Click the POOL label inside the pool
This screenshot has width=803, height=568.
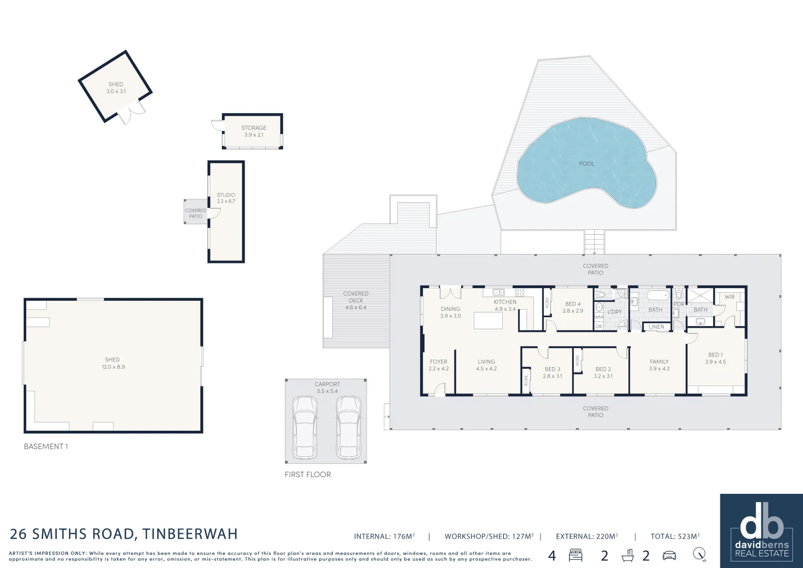tap(586, 164)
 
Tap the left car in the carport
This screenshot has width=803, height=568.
tap(305, 427)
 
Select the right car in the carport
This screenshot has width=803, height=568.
tap(348, 427)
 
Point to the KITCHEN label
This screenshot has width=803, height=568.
tap(505, 302)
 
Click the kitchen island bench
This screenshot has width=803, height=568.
tap(488, 320)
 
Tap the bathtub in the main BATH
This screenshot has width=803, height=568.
tap(656, 295)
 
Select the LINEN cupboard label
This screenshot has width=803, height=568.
tap(656, 327)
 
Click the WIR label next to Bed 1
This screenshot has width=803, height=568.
tap(729, 297)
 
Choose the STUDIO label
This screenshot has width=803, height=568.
tap(226, 195)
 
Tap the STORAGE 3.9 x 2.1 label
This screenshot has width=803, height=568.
tap(253, 131)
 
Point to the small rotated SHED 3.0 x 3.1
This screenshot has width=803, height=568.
tap(116, 87)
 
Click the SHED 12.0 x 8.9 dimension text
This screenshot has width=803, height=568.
tap(113, 367)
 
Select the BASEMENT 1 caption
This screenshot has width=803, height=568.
tap(46, 447)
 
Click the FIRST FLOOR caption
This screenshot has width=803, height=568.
tap(308, 474)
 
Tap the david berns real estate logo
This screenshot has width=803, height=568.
tap(761, 530)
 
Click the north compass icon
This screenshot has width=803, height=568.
tap(699, 555)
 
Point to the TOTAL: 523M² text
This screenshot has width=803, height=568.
tap(675, 536)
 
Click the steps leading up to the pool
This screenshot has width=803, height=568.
tap(595, 242)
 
